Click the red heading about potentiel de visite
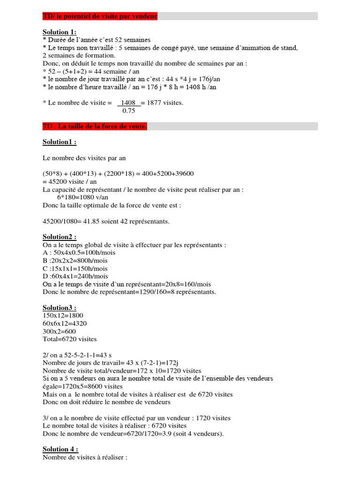coord(100,16)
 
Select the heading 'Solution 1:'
coord(59,32)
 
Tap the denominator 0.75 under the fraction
coord(128,111)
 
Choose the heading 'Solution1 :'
coord(60,142)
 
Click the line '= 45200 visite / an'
coord(71,182)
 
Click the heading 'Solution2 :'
coord(60,237)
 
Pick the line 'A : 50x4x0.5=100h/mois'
coord(79,253)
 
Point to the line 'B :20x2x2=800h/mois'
coord(75,261)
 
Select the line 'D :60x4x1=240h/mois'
coord(75,277)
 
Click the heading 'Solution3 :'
coord(60,308)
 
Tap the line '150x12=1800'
coord(63,316)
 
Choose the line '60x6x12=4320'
coord(65,323)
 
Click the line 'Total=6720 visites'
coord(70,339)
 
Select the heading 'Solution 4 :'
coord(60,449)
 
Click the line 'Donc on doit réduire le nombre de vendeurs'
coord(106,402)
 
